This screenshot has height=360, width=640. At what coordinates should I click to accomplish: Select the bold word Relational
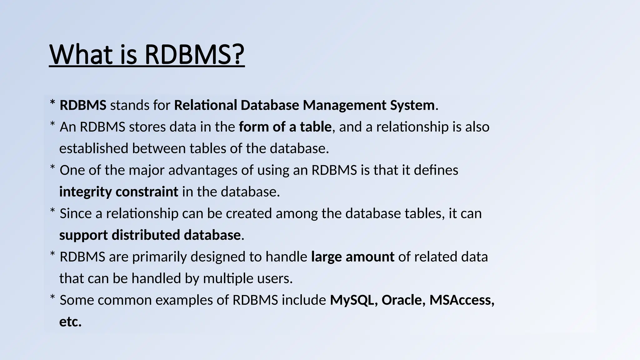205,105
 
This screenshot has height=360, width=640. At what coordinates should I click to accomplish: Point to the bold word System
412,105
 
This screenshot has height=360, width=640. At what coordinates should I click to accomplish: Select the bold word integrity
85,192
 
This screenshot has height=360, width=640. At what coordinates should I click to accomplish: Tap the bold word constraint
147,192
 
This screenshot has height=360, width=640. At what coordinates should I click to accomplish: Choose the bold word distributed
146,235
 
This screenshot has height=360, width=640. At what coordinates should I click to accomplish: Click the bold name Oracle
402,300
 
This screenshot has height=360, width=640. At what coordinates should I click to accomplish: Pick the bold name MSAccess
460,300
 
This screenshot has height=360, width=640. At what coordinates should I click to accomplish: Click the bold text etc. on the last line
70,322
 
